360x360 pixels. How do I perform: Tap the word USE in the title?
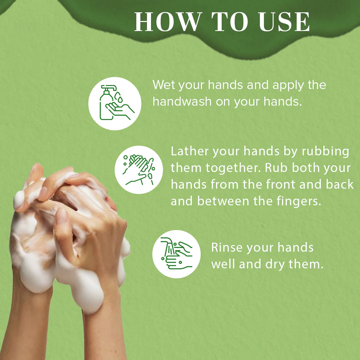click(x=284, y=22)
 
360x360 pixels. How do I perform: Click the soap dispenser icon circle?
click(x=115, y=104)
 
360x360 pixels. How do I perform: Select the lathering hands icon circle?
click(x=139, y=170)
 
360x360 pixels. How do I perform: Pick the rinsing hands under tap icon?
click(x=176, y=254)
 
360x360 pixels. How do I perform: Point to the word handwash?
click(x=182, y=101)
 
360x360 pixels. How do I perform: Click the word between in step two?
click(x=223, y=201)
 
